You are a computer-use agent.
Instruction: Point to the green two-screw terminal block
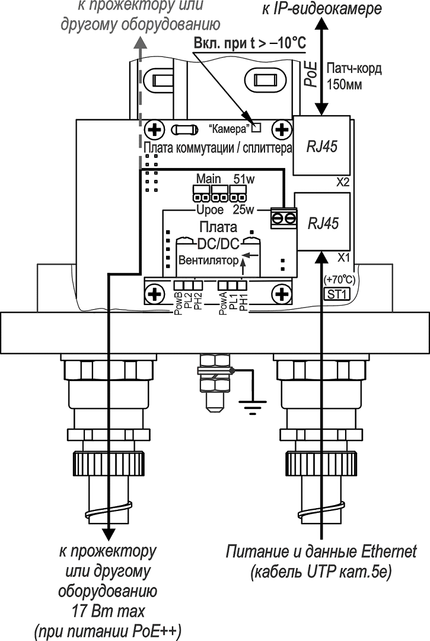[x=284, y=218]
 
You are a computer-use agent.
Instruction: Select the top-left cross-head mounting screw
[x=155, y=129]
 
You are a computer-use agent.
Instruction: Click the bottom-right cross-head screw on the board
[x=281, y=293]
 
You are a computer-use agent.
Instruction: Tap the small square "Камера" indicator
[x=257, y=126]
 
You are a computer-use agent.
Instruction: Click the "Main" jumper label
[x=208, y=179]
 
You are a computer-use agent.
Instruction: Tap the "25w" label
[x=244, y=210]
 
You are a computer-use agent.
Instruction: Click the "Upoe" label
[x=209, y=210]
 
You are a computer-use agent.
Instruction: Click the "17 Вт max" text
[x=107, y=611]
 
